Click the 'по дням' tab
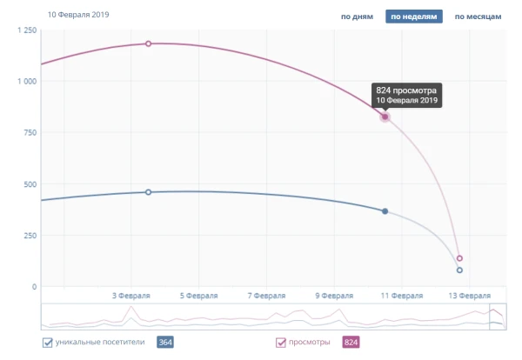pos(357,17)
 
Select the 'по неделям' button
pos(414,17)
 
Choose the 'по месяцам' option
pos(477,17)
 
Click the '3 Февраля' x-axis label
pos(133,296)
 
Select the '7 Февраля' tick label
pos(267,296)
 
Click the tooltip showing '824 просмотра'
pos(407,95)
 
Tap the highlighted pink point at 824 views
pos(385,117)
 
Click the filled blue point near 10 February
pos(385,211)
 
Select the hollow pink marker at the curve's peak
pos(148,43)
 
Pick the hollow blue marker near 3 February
pos(148,192)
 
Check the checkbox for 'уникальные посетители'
pos(48,343)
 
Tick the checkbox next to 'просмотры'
pos(281,343)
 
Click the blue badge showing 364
pos(164,343)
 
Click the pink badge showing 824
pos(351,343)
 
